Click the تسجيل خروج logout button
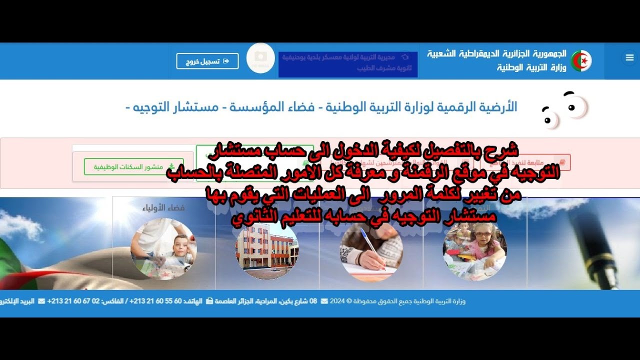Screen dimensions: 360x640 tap(207, 61)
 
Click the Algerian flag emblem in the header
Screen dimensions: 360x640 tap(581, 61)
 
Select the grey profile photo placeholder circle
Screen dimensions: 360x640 tap(260, 58)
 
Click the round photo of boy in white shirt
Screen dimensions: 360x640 tap(163, 248)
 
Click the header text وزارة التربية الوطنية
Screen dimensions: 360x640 tap(531, 67)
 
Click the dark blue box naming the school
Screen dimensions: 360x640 tap(348, 64)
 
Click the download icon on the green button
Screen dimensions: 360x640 tap(171, 166)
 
